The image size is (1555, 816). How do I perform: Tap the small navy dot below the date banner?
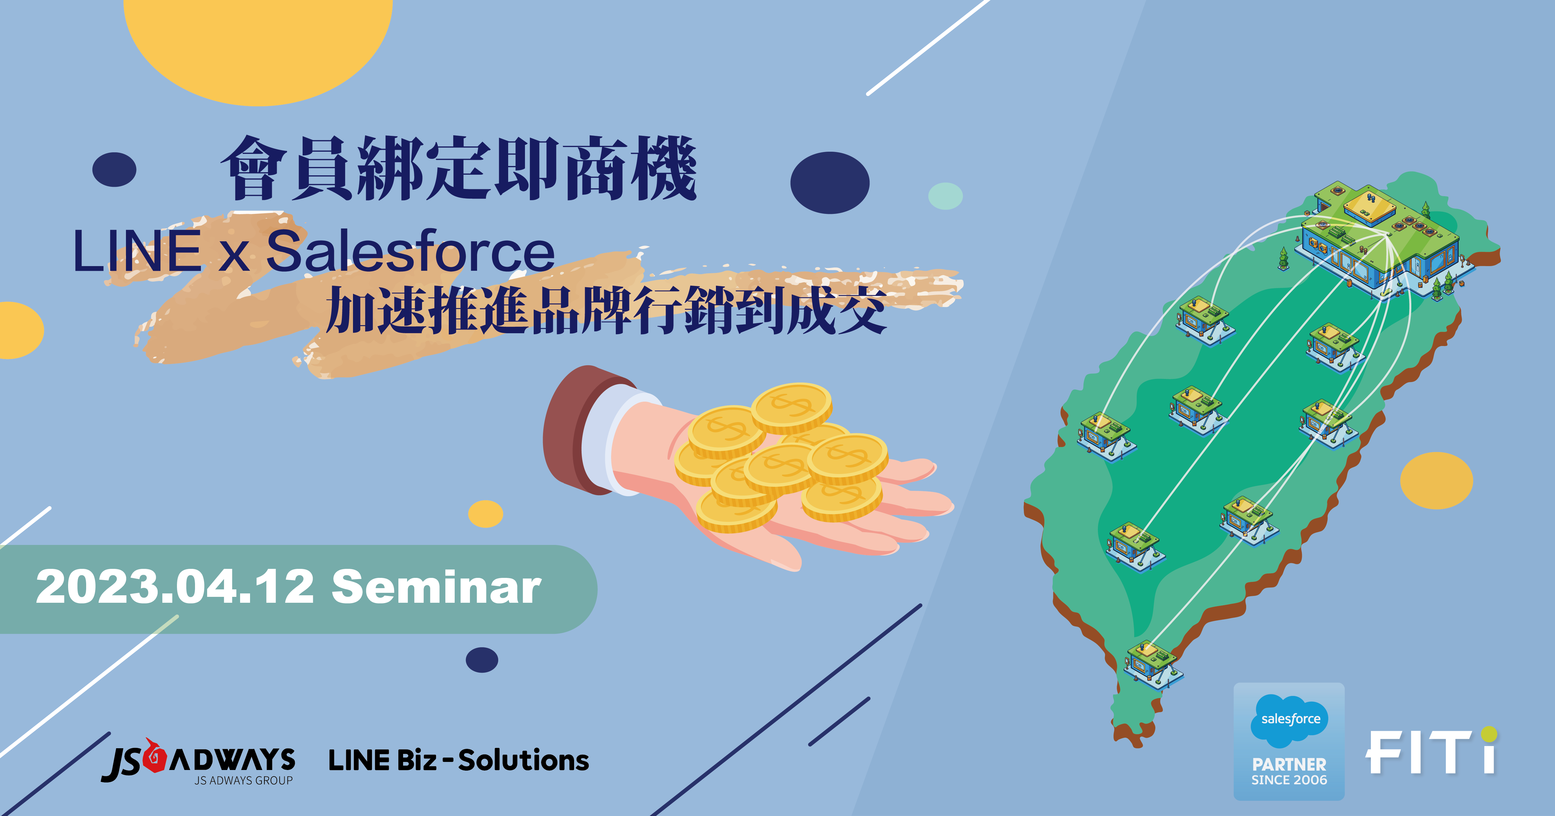click(482, 660)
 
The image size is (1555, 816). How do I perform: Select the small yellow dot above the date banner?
click(485, 514)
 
